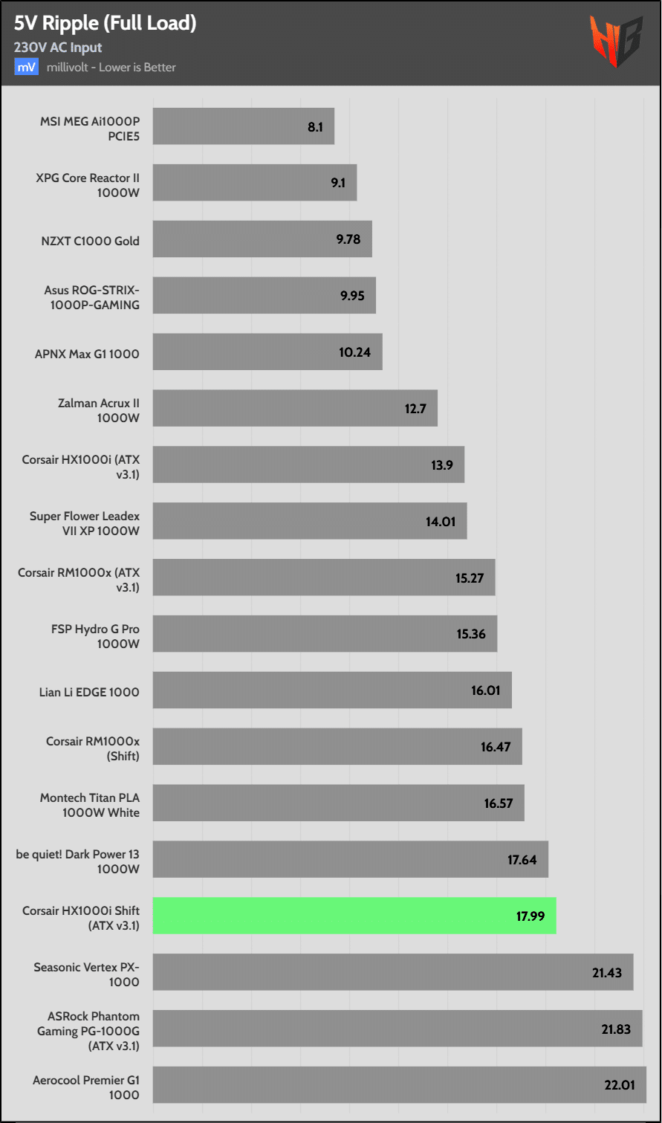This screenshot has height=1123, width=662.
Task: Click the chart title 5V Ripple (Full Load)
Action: pyautogui.click(x=105, y=24)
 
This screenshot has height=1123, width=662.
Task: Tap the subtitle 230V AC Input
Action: pyautogui.click(x=58, y=48)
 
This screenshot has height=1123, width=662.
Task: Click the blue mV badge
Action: pyautogui.click(x=26, y=67)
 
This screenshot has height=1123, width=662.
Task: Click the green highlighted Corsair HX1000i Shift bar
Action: pyautogui.click(x=354, y=916)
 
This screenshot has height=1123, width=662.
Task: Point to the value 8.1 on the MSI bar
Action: pyautogui.click(x=315, y=127)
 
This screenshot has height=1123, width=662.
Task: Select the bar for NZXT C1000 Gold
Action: pyautogui.click(x=262, y=239)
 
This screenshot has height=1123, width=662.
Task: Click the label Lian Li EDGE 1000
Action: pyautogui.click(x=89, y=692)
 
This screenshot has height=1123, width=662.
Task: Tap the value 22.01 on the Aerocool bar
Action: pyautogui.click(x=620, y=1085)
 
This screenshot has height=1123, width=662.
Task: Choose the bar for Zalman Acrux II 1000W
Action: pyautogui.click(x=295, y=409)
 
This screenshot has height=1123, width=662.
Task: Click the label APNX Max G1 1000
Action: pyautogui.click(x=87, y=354)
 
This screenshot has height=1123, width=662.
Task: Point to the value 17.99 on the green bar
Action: pyautogui.click(x=530, y=916)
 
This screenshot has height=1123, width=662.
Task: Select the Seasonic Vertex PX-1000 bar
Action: pyautogui.click(x=393, y=972)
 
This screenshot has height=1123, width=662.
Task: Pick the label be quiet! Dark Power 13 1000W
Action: pyautogui.click(x=78, y=861)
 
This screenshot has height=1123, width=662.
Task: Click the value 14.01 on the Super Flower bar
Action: pyautogui.click(x=441, y=522)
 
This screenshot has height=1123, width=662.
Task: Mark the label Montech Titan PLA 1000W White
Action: pyautogui.click(x=90, y=805)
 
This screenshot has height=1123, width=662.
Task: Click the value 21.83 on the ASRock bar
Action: pyautogui.click(x=615, y=1029)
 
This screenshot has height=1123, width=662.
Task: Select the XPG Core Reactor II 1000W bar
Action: pyautogui.click(x=255, y=183)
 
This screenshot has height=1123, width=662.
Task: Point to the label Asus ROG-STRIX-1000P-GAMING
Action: pyautogui.click(x=91, y=297)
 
